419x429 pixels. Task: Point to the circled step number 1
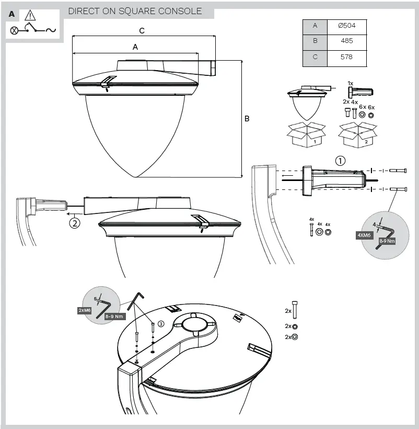(x=340, y=161)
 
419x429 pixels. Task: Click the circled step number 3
(x=161, y=324)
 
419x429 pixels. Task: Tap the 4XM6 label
(x=364, y=235)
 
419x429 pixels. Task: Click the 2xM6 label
(x=85, y=310)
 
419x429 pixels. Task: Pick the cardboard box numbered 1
(x=306, y=136)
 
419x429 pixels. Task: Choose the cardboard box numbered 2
(x=358, y=136)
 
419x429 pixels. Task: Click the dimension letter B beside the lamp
(x=247, y=119)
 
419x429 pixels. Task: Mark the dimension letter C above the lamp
(x=142, y=31)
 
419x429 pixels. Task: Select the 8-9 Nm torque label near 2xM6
(x=114, y=317)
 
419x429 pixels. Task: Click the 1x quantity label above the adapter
(x=350, y=84)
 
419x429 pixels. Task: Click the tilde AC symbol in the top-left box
(x=51, y=30)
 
